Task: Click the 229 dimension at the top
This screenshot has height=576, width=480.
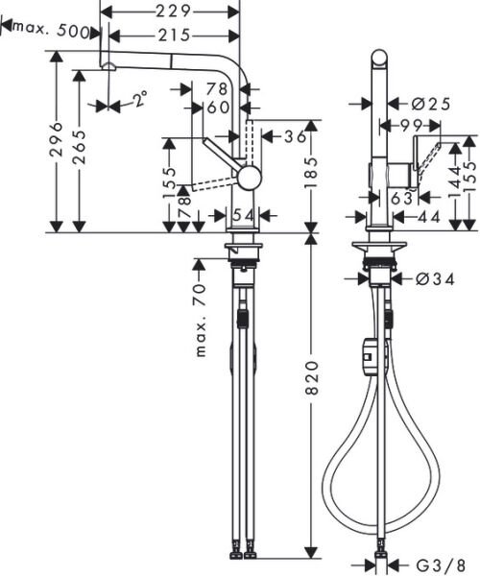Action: pyautogui.click(x=170, y=11)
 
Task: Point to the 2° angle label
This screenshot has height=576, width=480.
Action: pyautogui.click(x=140, y=98)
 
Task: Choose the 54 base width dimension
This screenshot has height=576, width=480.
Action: pyautogui.click(x=243, y=213)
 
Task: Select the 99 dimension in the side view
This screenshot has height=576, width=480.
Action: pyautogui.click(x=415, y=125)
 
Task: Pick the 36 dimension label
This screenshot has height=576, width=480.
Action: pyautogui.click(x=295, y=137)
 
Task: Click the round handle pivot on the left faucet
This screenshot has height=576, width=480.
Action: pyautogui.click(x=248, y=177)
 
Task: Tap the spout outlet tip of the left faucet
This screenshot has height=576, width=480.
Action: pyautogui.click(x=108, y=65)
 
